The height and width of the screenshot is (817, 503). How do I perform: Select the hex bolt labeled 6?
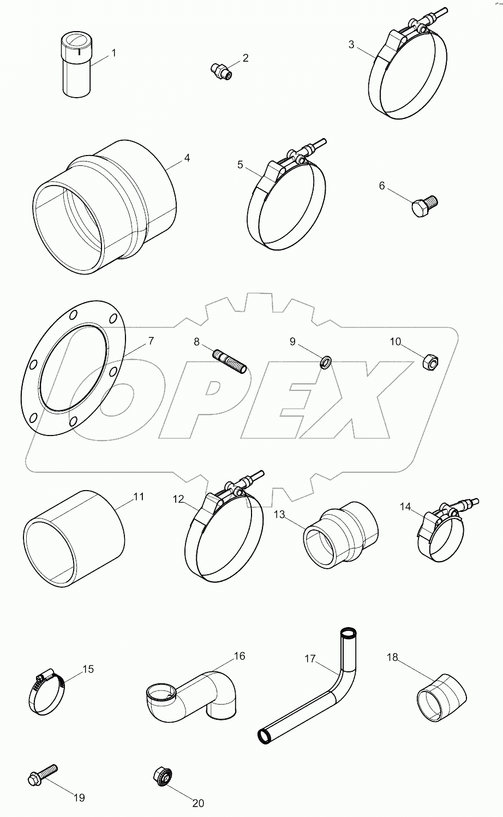[424, 206]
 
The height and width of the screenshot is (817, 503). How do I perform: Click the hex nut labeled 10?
[430, 361]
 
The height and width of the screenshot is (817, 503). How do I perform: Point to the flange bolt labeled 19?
[40, 776]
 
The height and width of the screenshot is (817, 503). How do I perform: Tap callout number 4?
[187, 158]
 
